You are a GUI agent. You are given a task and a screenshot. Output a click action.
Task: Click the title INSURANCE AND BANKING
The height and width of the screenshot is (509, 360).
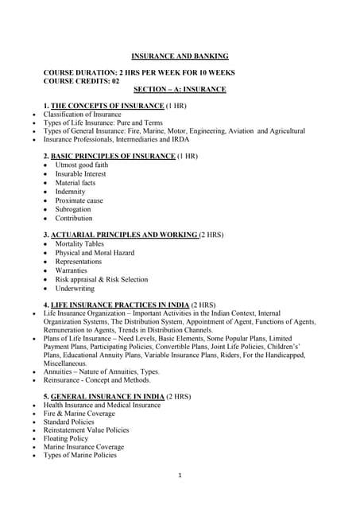[180, 56]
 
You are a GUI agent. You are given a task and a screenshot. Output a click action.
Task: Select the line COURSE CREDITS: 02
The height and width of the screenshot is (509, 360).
[81, 81]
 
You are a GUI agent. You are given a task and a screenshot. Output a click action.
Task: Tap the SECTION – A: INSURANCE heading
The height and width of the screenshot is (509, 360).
[180, 89]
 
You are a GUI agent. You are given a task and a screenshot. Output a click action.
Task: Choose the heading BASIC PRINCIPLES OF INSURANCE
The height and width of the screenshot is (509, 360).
[113, 156]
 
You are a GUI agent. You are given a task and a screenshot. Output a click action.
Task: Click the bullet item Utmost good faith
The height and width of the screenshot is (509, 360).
[81, 165]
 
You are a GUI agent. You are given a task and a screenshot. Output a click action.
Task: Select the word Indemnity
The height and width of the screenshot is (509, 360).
[71, 192]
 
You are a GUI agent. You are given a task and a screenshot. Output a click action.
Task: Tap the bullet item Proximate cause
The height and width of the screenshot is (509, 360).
[79, 200]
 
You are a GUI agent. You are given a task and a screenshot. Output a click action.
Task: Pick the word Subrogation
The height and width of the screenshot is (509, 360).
[74, 209]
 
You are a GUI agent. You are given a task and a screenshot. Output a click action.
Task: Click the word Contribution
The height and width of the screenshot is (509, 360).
[74, 218]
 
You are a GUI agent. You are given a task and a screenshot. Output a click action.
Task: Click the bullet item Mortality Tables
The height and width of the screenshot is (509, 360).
[79, 244]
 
